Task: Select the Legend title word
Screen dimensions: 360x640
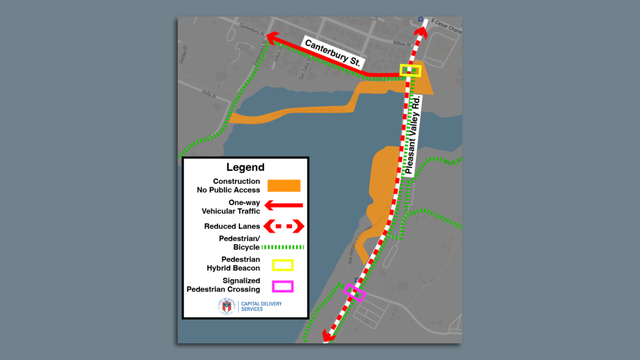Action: point(245,167)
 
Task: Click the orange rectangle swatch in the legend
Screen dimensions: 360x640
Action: point(283,185)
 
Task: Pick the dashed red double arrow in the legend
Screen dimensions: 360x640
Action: point(283,226)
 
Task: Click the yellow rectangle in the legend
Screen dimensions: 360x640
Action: point(283,265)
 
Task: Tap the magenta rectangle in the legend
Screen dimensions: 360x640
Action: point(283,286)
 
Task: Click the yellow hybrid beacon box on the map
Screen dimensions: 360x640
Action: point(411,71)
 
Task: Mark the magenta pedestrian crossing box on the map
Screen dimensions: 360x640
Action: point(355,293)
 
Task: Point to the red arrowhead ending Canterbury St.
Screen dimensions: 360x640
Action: point(269,37)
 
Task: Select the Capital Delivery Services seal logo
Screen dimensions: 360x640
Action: point(226,306)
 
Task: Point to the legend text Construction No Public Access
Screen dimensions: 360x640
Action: point(229,185)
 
